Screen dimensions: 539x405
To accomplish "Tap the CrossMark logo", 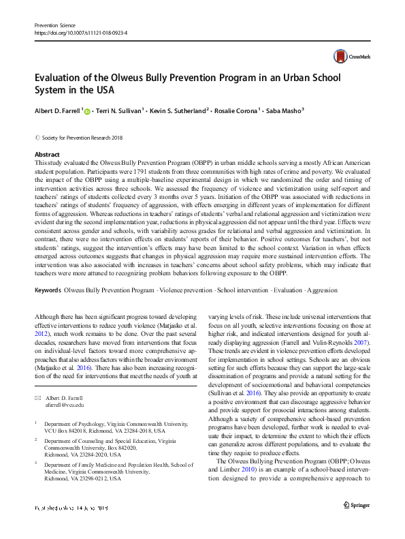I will (x=350, y=58).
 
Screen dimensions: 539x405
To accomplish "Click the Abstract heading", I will (x=47, y=155).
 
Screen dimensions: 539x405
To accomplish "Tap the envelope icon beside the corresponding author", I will (x=38, y=378).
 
